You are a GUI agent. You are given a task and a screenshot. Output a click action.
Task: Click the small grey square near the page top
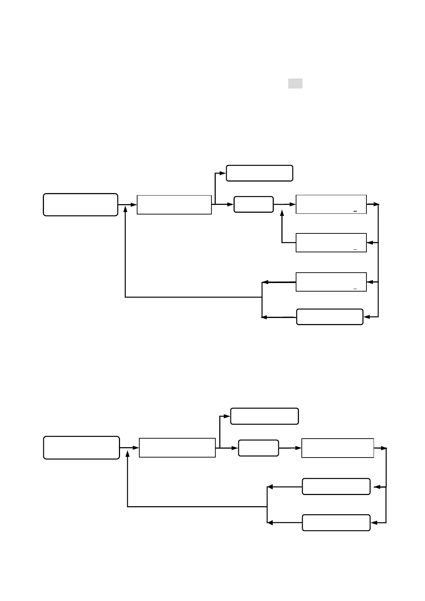coord(295,84)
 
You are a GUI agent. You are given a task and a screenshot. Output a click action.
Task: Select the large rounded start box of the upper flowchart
coord(80,205)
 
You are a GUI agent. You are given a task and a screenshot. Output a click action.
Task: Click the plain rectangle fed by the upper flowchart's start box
coord(174,205)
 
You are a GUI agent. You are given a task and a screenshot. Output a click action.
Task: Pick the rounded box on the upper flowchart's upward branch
coord(260,173)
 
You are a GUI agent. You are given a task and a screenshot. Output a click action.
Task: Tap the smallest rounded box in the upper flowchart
coord(254,204)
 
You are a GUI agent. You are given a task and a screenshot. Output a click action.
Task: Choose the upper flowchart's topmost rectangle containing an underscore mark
coord(331,204)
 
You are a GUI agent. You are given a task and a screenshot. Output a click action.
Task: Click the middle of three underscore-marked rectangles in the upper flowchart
coord(331,243)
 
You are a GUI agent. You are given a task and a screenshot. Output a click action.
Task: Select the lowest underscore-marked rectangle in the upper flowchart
coord(331,282)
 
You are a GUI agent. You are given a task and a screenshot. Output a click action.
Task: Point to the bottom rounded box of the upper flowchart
coord(330,317)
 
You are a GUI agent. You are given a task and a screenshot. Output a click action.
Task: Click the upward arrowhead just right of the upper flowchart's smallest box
coord(282,213)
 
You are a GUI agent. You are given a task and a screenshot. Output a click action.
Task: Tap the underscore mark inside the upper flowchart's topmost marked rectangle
coord(355,212)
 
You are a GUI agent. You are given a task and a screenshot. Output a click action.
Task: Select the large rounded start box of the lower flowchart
coord(81,448)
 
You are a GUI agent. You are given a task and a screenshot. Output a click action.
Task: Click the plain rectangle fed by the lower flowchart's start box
coord(177,448)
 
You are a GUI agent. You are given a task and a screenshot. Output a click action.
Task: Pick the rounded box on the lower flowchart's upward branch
coord(264,416)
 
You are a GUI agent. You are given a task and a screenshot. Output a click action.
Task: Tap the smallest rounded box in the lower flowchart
coord(258,448)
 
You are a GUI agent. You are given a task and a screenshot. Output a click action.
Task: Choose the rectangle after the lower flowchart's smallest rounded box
coord(337,448)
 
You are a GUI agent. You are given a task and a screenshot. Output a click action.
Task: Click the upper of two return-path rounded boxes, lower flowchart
coord(336,486)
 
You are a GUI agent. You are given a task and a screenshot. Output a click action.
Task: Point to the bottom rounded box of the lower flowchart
coord(336,523)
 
